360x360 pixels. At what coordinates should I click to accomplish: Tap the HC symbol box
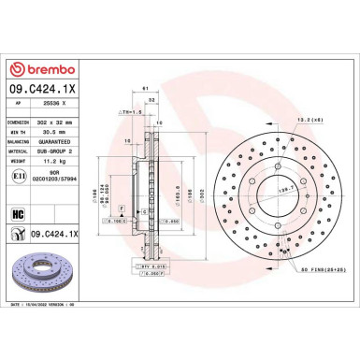click(18, 213)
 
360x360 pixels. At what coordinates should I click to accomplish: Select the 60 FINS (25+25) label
click(320, 269)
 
